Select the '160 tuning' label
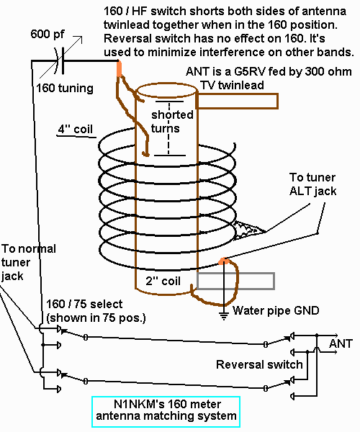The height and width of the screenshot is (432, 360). point(66,89)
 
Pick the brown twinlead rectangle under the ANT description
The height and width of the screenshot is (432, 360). point(236,101)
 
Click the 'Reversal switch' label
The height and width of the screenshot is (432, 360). point(259,364)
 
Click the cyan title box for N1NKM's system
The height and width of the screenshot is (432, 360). point(166,410)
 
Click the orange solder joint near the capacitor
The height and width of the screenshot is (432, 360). point(119,68)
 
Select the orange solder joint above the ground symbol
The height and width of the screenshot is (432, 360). point(225,261)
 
